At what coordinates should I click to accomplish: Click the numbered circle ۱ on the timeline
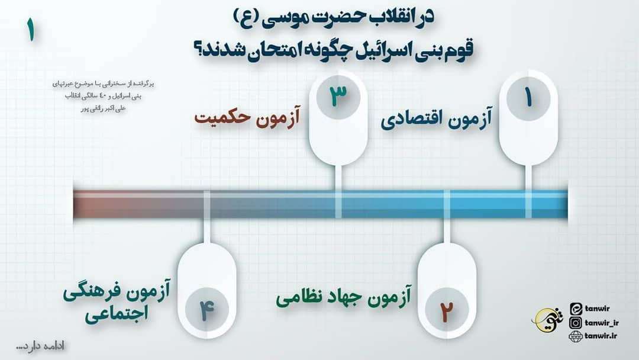528,98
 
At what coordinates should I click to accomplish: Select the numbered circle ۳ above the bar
338,95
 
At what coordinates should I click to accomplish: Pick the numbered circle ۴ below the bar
206,309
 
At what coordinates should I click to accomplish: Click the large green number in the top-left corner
30,31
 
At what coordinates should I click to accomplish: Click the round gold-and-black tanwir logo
545,320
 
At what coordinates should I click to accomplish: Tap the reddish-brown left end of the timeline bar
95,204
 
